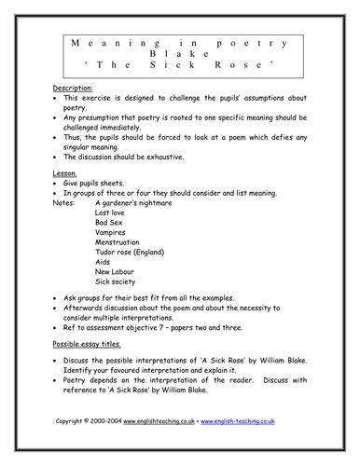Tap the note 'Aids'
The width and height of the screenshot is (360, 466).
point(104,297)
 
